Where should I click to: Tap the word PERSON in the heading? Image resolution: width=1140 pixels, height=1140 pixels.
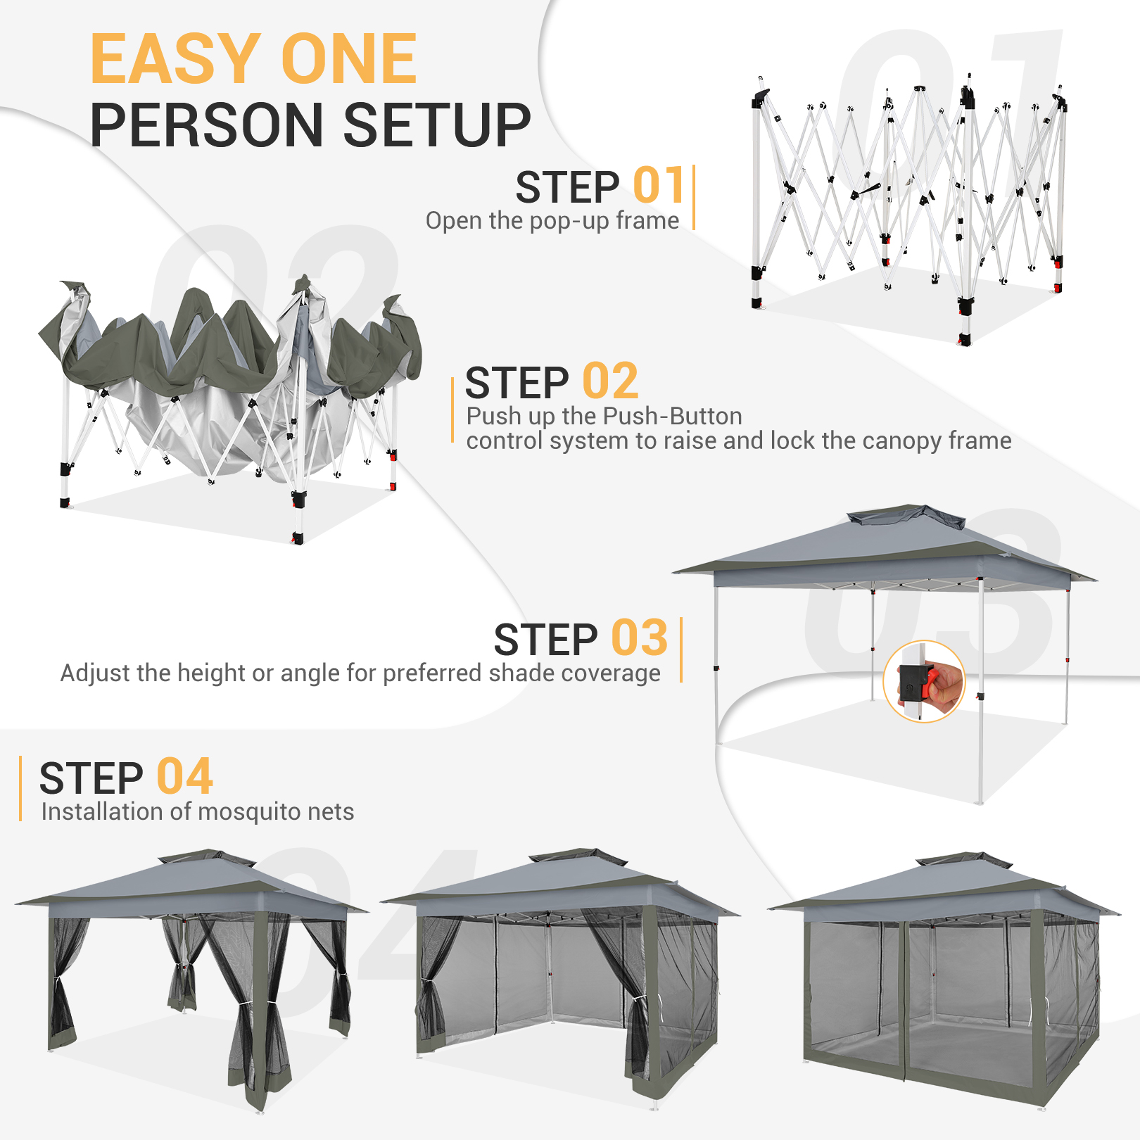click(205, 126)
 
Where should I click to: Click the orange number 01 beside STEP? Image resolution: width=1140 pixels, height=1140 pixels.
click(659, 186)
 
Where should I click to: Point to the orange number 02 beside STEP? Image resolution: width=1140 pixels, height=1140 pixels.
click(610, 382)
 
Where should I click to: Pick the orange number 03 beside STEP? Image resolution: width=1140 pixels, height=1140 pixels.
click(639, 639)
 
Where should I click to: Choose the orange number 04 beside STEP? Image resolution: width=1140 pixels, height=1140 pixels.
click(184, 778)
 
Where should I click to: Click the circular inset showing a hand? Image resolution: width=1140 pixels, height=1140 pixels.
click(924, 681)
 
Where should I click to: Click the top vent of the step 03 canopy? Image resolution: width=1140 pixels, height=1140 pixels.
click(906, 516)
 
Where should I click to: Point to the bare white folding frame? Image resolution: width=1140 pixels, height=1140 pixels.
click(908, 204)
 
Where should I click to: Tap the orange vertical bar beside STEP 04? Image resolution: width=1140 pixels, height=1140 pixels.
click(20, 788)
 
